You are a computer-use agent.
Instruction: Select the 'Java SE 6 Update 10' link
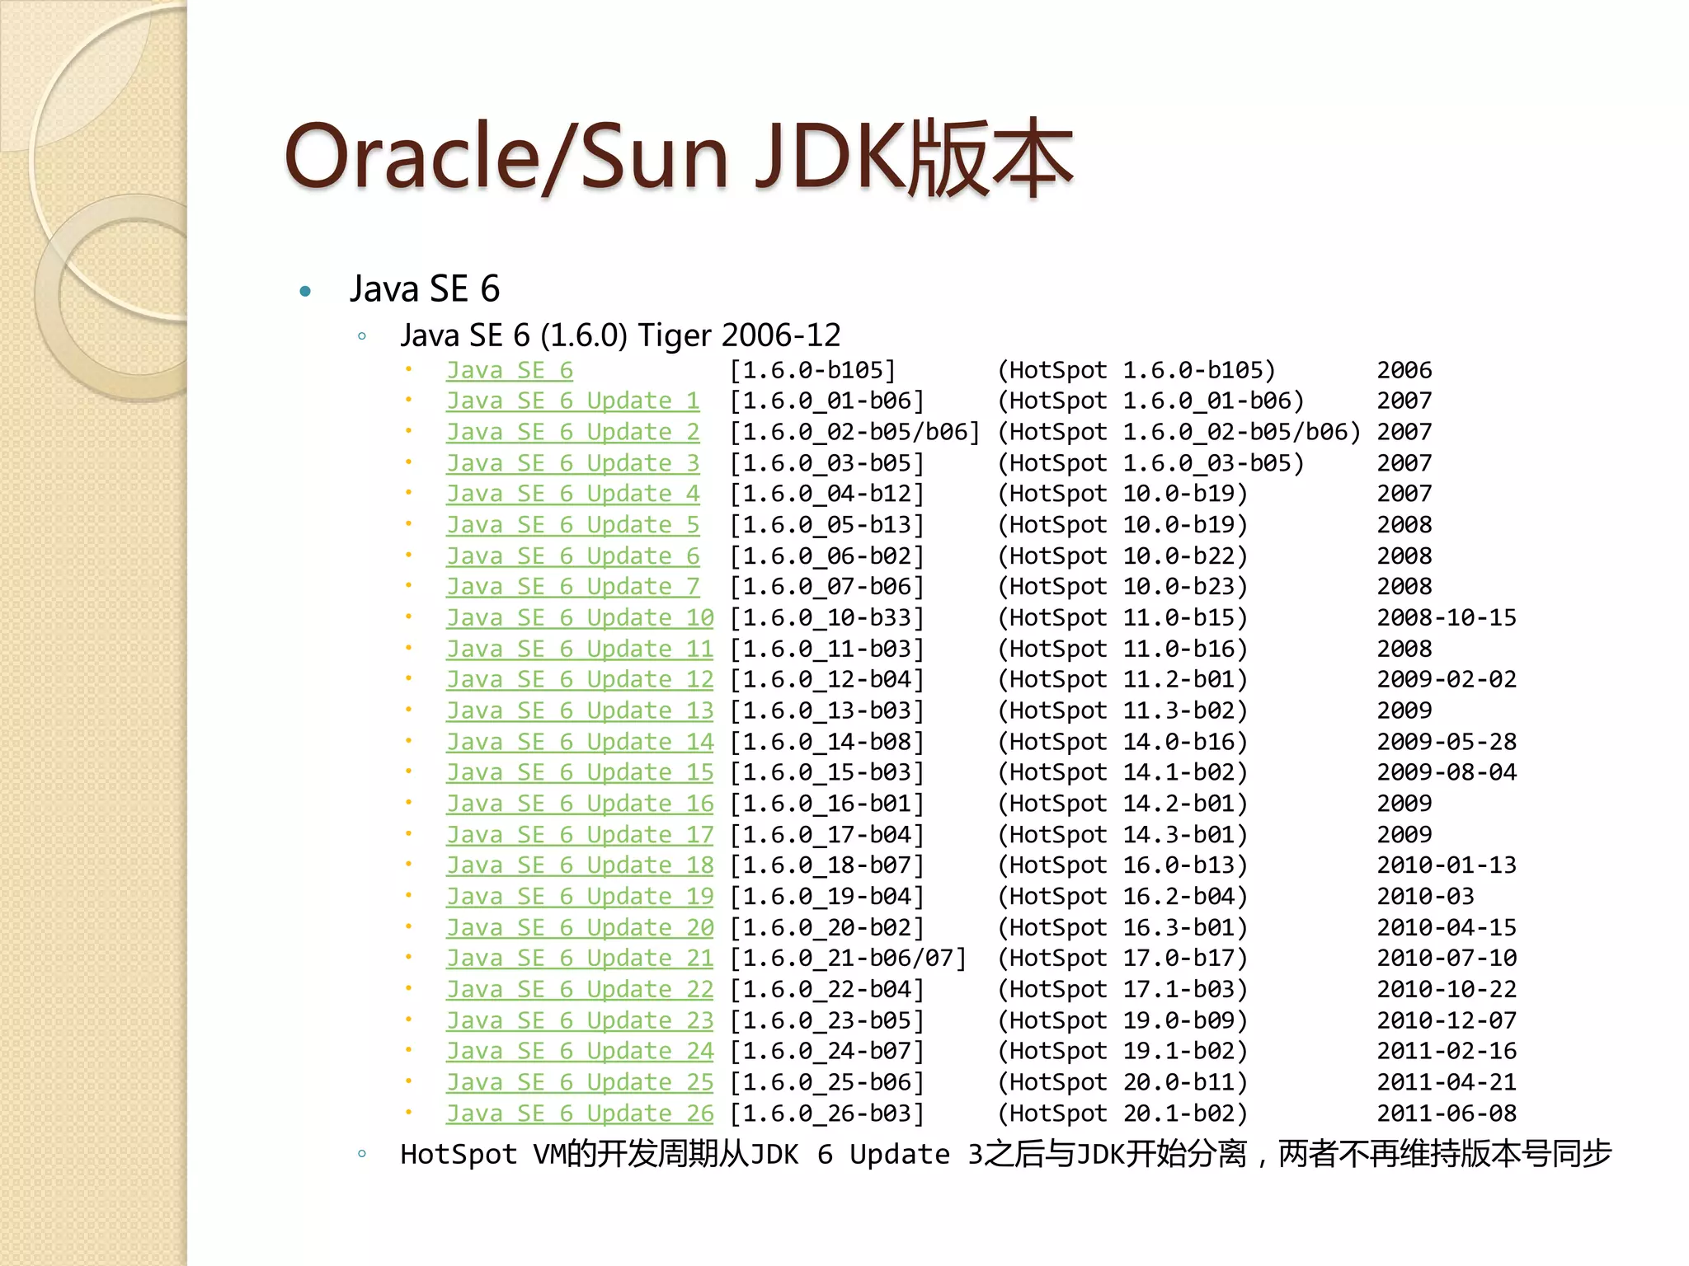[x=580, y=618]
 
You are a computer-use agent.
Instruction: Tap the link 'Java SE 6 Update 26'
[x=580, y=1114]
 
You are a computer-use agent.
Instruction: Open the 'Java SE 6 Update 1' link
[x=572, y=401]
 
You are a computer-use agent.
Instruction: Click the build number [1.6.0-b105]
[x=812, y=371]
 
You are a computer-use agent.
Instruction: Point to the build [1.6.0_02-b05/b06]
[x=854, y=433]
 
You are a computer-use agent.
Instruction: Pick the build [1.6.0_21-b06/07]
[x=848, y=959]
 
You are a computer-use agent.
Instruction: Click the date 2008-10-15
[x=1446, y=618]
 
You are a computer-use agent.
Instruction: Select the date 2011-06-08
[x=1446, y=1114]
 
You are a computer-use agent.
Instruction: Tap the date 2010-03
[x=1425, y=897]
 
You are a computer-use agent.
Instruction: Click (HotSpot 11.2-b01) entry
[x=1122, y=680]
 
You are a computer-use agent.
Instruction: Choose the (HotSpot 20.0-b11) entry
[x=1122, y=1082]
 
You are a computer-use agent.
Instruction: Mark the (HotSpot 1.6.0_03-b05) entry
[x=1150, y=463]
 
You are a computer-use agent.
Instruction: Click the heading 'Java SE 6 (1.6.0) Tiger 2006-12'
[x=620, y=335]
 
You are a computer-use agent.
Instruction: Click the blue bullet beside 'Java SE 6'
[x=305, y=291]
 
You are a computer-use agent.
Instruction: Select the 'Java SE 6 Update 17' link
[x=580, y=835]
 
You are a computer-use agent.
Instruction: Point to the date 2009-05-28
[x=1446, y=742]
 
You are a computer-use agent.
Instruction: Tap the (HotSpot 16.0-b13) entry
[x=1122, y=865]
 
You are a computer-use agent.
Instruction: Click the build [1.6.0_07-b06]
[x=826, y=587]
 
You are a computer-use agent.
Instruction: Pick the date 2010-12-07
[x=1446, y=1020]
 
